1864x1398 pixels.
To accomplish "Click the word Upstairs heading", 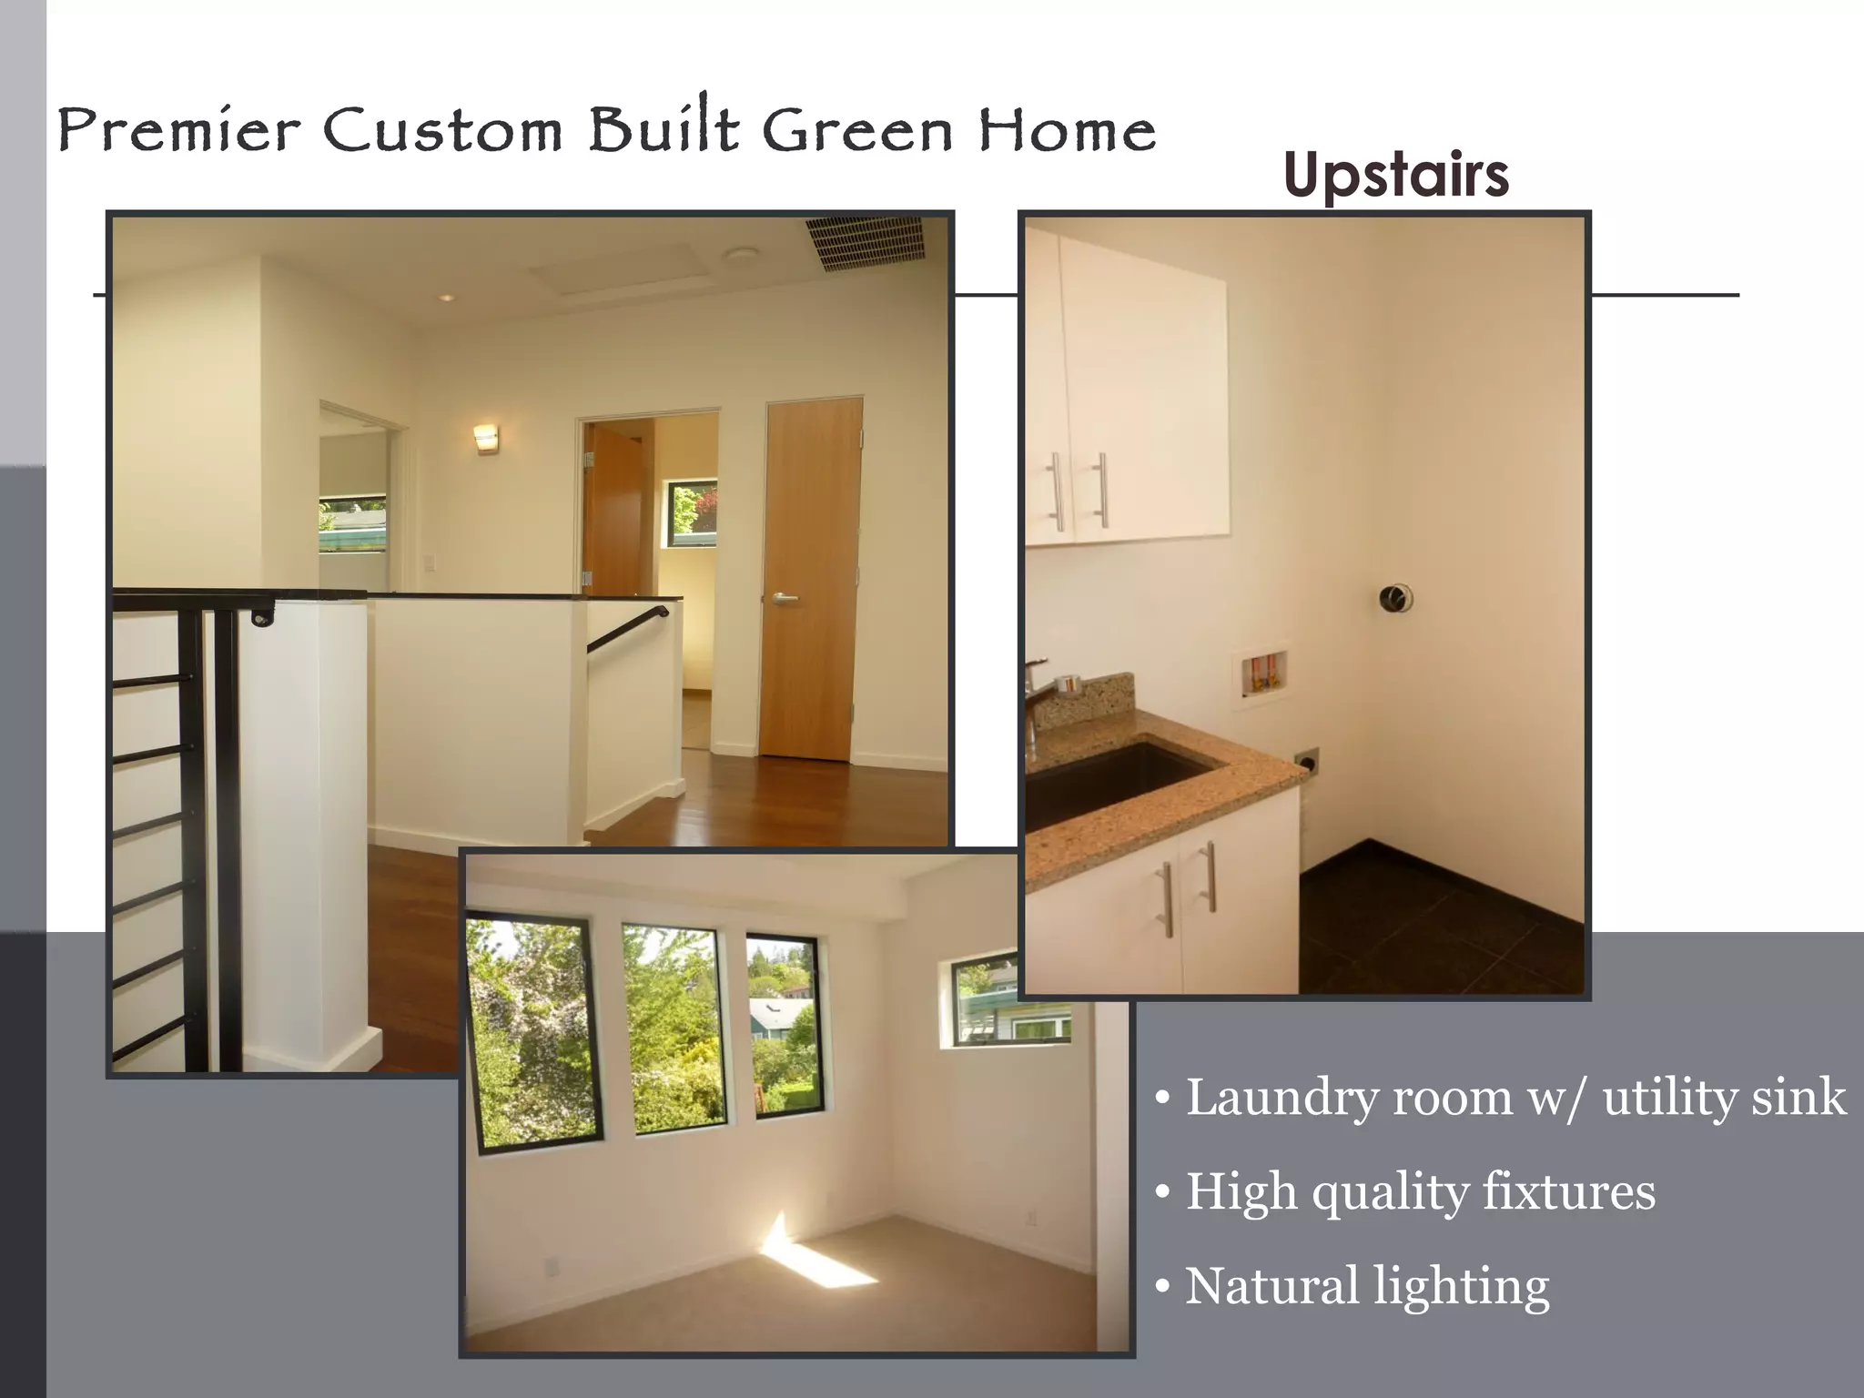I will pos(1395,176).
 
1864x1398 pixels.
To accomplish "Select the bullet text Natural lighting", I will pos(1365,1286).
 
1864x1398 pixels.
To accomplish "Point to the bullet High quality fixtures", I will pos(1420,1191).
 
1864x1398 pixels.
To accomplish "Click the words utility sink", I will pos(1725,1097).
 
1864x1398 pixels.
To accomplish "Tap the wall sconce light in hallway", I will pos(486,438).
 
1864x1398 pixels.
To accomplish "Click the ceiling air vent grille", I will pos(865,243).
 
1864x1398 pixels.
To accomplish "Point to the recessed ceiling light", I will pos(445,298).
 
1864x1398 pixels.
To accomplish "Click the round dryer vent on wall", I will pos(1394,599).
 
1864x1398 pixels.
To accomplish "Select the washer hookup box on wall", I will pos(1261,678).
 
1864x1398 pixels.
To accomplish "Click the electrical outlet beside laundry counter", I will pos(1307,760).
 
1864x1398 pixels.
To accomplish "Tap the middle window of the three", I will pos(674,1028).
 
